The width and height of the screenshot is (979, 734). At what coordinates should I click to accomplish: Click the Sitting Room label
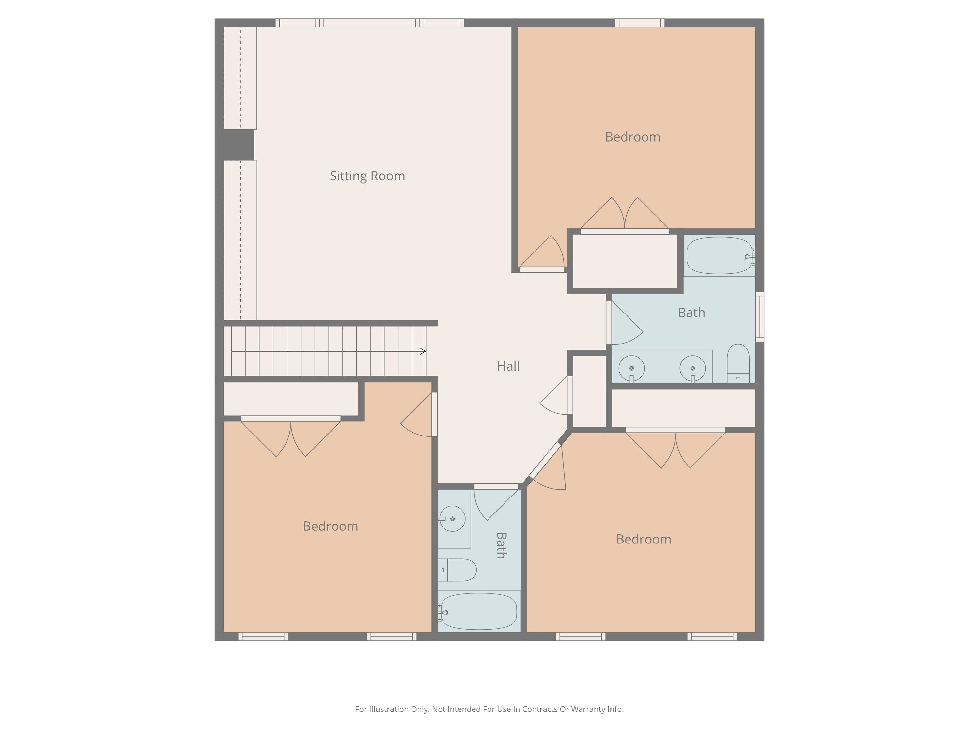(x=367, y=176)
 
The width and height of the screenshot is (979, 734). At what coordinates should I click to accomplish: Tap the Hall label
(x=508, y=366)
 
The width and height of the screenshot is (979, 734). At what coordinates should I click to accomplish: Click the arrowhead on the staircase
(x=423, y=351)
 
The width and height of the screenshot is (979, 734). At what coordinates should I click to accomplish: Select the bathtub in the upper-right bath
(x=720, y=256)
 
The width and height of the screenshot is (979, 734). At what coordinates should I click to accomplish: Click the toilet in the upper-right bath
(x=738, y=364)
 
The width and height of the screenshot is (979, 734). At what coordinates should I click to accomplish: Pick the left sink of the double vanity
(x=631, y=368)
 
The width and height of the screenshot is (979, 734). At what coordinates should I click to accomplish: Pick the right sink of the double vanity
(x=693, y=368)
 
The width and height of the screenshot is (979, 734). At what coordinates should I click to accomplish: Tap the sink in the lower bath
(x=452, y=519)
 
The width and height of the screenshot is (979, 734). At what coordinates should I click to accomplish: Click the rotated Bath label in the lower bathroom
(x=501, y=545)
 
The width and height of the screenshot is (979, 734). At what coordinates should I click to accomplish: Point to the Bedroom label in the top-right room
(x=632, y=137)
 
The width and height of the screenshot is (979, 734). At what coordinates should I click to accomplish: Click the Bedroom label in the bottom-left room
(x=331, y=526)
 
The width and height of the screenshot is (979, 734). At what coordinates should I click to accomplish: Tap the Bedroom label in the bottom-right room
(x=644, y=539)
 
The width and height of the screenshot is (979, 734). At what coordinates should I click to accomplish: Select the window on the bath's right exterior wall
(x=759, y=317)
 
